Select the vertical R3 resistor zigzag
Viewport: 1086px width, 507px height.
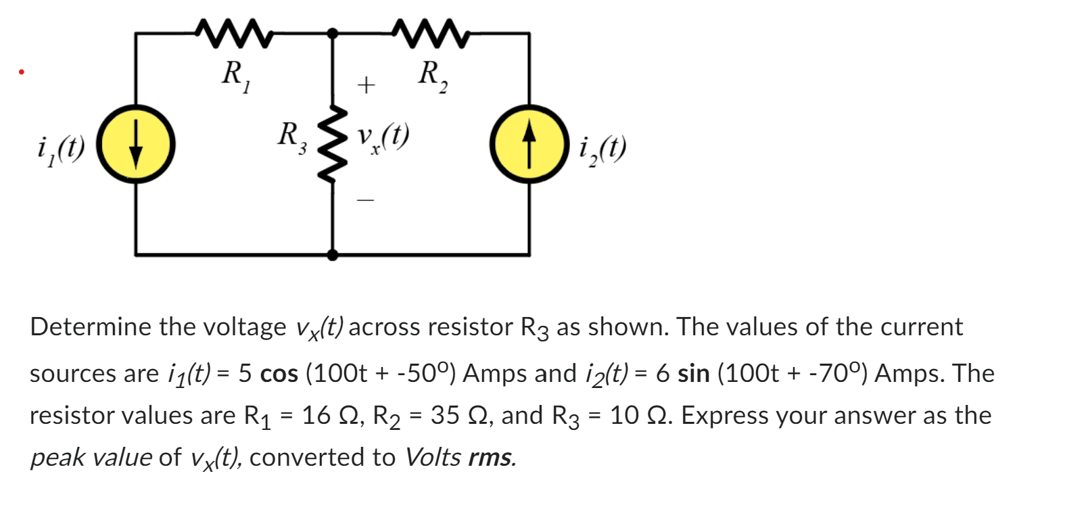click(332, 144)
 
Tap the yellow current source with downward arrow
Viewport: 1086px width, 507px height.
click(136, 144)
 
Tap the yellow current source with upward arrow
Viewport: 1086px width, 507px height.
click(529, 144)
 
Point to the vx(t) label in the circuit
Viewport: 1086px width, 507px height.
click(383, 137)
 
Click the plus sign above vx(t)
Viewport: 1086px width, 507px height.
click(366, 85)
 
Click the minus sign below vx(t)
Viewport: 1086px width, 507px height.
click(366, 200)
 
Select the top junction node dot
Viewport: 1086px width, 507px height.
click(332, 33)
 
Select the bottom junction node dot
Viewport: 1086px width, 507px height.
click(332, 255)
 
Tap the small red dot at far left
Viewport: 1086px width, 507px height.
click(22, 71)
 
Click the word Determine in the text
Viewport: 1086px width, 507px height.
click(91, 327)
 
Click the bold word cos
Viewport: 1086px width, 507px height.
click(279, 374)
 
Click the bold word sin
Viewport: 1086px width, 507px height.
click(693, 374)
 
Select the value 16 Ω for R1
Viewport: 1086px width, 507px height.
click(325, 416)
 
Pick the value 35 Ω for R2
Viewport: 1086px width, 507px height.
click(454, 416)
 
